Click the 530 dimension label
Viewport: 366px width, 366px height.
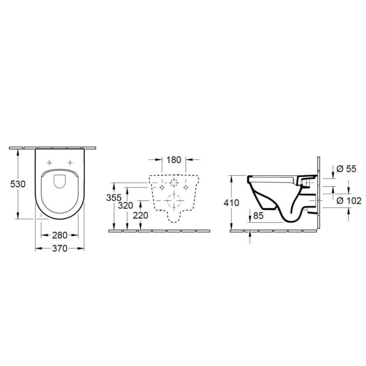click(x=18, y=184)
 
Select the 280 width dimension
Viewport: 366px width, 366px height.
click(x=60, y=235)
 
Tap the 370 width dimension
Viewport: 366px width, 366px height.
click(x=60, y=248)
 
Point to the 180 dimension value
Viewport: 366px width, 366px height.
click(x=174, y=160)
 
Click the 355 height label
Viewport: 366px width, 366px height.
click(x=114, y=198)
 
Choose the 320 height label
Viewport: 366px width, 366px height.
click(x=125, y=205)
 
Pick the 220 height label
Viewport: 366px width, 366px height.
click(x=140, y=215)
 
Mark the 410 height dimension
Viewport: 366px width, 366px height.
click(x=231, y=203)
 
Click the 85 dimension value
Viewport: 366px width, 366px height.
click(x=258, y=215)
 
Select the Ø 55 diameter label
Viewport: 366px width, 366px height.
click(x=346, y=169)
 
